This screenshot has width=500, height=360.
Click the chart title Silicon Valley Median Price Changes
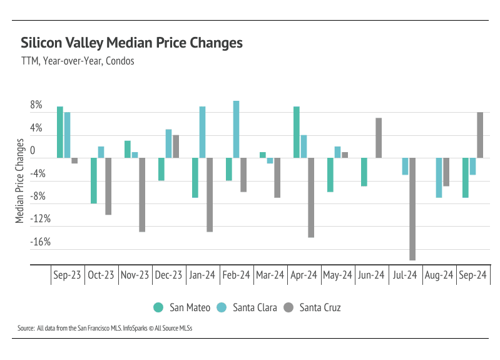(x=131, y=43)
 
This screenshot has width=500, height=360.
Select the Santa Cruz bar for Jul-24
(x=412, y=209)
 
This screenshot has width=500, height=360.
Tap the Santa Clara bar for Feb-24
(x=236, y=130)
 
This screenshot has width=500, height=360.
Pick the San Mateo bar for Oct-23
(x=94, y=181)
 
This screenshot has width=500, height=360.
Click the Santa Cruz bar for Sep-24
(x=480, y=135)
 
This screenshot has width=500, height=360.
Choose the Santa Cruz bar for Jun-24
(x=379, y=138)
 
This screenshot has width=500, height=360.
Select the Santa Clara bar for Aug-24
(x=439, y=178)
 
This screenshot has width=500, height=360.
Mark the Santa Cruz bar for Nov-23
(x=142, y=195)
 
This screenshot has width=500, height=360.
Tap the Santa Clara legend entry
(x=247, y=307)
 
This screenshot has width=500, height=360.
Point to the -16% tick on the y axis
(x=34, y=242)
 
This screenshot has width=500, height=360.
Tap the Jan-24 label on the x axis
(x=202, y=275)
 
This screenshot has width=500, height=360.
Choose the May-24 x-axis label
(x=337, y=275)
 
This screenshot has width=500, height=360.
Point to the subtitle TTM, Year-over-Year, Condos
(x=78, y=61)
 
